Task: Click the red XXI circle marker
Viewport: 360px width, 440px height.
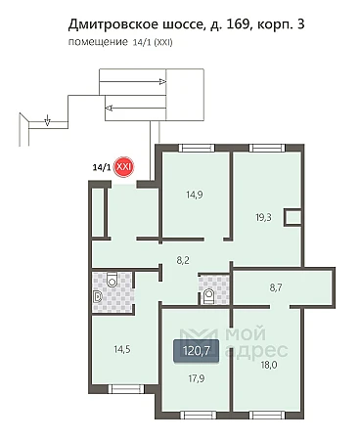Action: pyautogui.click(x=123, y=167)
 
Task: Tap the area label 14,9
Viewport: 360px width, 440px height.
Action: pyautogui.click(x=195, y=195)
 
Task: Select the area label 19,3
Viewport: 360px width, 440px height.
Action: pyautogui.click(x=263, y=217)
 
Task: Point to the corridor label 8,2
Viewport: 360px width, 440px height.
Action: pyautogui.click(x=183, y=260)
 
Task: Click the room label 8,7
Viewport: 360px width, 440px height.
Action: pyautogui.click(x=276, y=287)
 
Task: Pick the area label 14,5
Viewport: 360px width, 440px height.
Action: pyautogui.click(x=122, y=350)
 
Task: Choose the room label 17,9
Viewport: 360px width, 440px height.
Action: pyautogui.click(x=197, y=378)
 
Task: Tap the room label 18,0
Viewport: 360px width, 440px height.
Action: pyautogui.click(x=269, y=365)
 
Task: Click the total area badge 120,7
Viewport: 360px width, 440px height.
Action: pyautogui.click(x=197, y=351)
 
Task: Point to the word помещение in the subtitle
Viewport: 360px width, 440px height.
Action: pyautogui.click(x=98, y=42)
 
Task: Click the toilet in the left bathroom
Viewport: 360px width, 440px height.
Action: pyautogui.click(x=112, y=280)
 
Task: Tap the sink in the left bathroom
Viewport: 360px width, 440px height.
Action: pyautogui.click(x=97, y=296)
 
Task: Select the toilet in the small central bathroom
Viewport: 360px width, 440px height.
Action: pyautogui.click(x=208, y=296)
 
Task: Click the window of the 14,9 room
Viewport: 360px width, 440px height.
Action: pyautogui.click(x=197, y=148)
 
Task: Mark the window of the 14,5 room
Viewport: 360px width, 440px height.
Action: pyautogui.click(x=126, y=388)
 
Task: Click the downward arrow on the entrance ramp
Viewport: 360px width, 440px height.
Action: pyautogui.click(x=48, y=120)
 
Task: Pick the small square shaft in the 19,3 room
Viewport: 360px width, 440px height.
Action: pyautogui.click(x=292, y=217)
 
